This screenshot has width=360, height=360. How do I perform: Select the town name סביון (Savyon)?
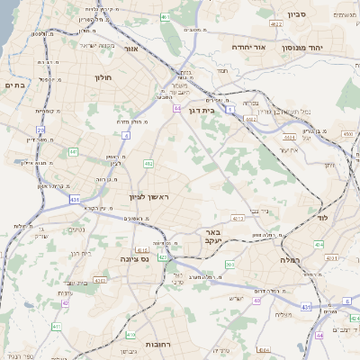coord(298,15)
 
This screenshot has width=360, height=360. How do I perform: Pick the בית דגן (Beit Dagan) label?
coord(204,109)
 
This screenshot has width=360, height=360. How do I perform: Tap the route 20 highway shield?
coord(40,130)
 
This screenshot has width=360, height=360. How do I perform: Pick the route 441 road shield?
coord(73,151)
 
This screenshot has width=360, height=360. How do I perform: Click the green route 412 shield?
coord(148,163)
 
